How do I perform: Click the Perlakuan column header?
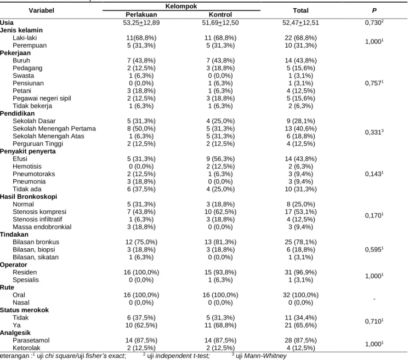[141, 15]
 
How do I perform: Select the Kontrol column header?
[220, 15]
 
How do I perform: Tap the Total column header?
[300, 10]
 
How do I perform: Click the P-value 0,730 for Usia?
[374, 22]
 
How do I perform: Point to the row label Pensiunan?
[28, 83]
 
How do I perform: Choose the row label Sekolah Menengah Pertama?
[54, 129]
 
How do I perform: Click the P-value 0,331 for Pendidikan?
[374, 132]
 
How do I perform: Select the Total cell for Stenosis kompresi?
[300, 212]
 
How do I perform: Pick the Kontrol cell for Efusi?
[220, 159]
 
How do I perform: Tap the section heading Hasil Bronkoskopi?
[29, 197]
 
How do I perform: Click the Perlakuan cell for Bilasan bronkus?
[141, 242]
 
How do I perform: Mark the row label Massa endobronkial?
[42, 227]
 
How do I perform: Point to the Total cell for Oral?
[300, 295]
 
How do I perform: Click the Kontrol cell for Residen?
[220, 272]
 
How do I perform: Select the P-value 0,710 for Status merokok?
[374, 322]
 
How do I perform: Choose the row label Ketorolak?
[27, 348]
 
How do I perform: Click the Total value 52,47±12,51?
[300, 22]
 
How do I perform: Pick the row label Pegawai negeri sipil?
[42, 98]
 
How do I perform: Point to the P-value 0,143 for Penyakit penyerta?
[374, 174]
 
